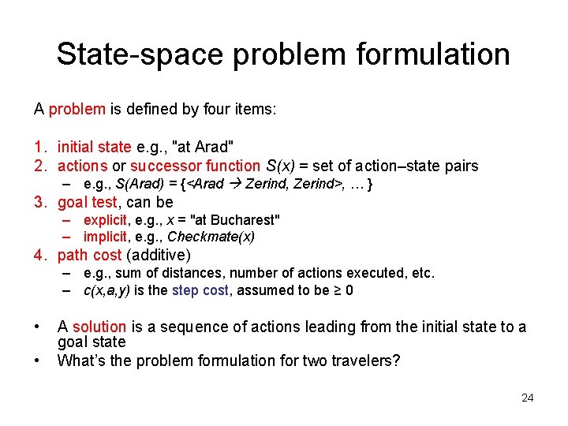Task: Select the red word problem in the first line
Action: [77, 109]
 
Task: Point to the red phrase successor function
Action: [195, 166]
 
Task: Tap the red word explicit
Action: [104, 220]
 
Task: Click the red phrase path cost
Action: [89, 255]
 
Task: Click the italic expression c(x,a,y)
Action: [106, 290]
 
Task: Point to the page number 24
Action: [527, 398]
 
